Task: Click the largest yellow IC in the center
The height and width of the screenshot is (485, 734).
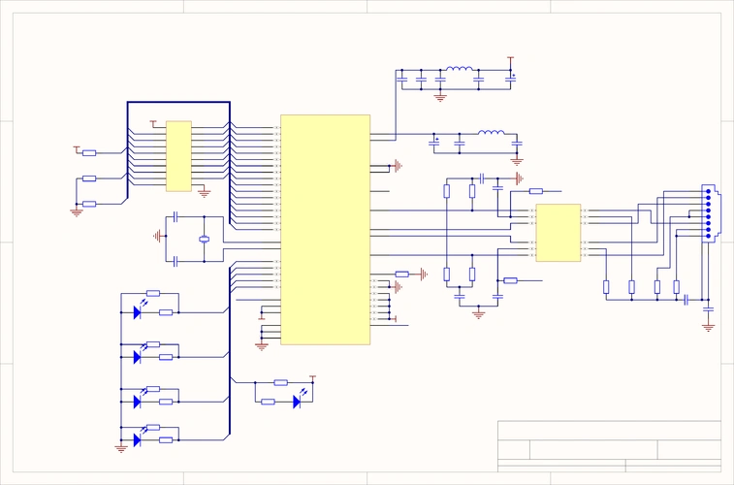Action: pos(325,229)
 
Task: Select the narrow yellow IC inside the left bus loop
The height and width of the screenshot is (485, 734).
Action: pos(178,156)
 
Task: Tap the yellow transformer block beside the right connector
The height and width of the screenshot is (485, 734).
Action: pos(558,233)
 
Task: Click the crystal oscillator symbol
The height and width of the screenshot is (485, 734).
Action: pos(204,239)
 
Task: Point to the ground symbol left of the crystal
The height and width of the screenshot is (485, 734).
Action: pos(157,236)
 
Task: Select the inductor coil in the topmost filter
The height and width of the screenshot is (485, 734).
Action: pos(458,70)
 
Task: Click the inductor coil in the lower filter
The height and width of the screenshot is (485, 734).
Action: pos(492,134)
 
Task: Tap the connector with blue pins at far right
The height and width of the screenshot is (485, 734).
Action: pos(709,212)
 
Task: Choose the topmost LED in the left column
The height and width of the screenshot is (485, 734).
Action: pos(138,312)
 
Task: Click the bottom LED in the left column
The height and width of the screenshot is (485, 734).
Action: pos(138,439)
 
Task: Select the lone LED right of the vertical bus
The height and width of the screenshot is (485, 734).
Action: pos(298,400)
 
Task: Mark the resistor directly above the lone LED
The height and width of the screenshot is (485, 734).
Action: pos(281,382)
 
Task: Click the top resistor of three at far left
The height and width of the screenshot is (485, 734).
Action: pos(89,152)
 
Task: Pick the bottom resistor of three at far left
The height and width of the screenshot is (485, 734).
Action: pos(89,204)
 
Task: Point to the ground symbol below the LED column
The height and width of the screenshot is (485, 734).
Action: pos(120,448)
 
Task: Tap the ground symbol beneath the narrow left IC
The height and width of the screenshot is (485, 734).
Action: pos(204,192)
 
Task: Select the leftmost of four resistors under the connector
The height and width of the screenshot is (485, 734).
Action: pos(606,286)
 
